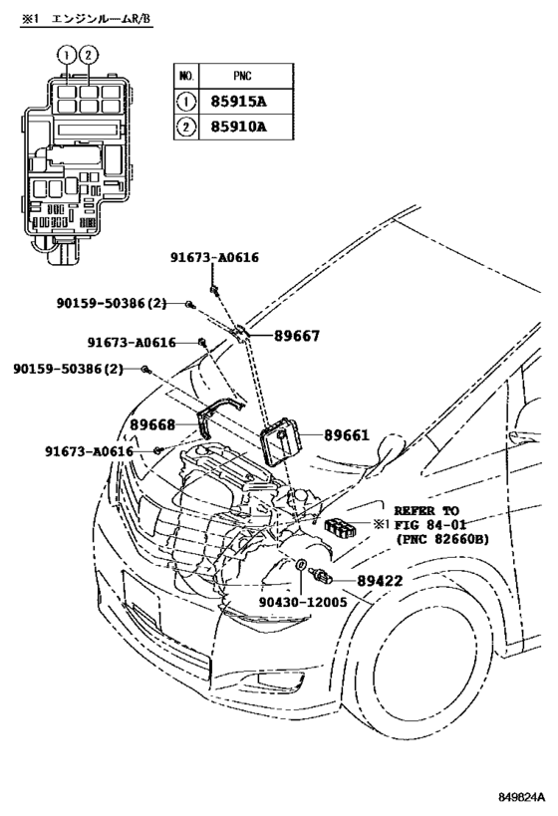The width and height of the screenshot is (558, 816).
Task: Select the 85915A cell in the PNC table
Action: click(238, 102)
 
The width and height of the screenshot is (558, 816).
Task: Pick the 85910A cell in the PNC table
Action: click(238, 128)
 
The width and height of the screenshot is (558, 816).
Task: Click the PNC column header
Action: click(238, 76)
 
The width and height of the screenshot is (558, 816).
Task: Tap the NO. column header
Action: click(185, 76)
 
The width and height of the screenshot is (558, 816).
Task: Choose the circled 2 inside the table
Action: click(185, 128)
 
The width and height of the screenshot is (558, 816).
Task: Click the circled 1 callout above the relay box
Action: click(65, 54)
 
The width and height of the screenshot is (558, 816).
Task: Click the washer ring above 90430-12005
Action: click(298, 567)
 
